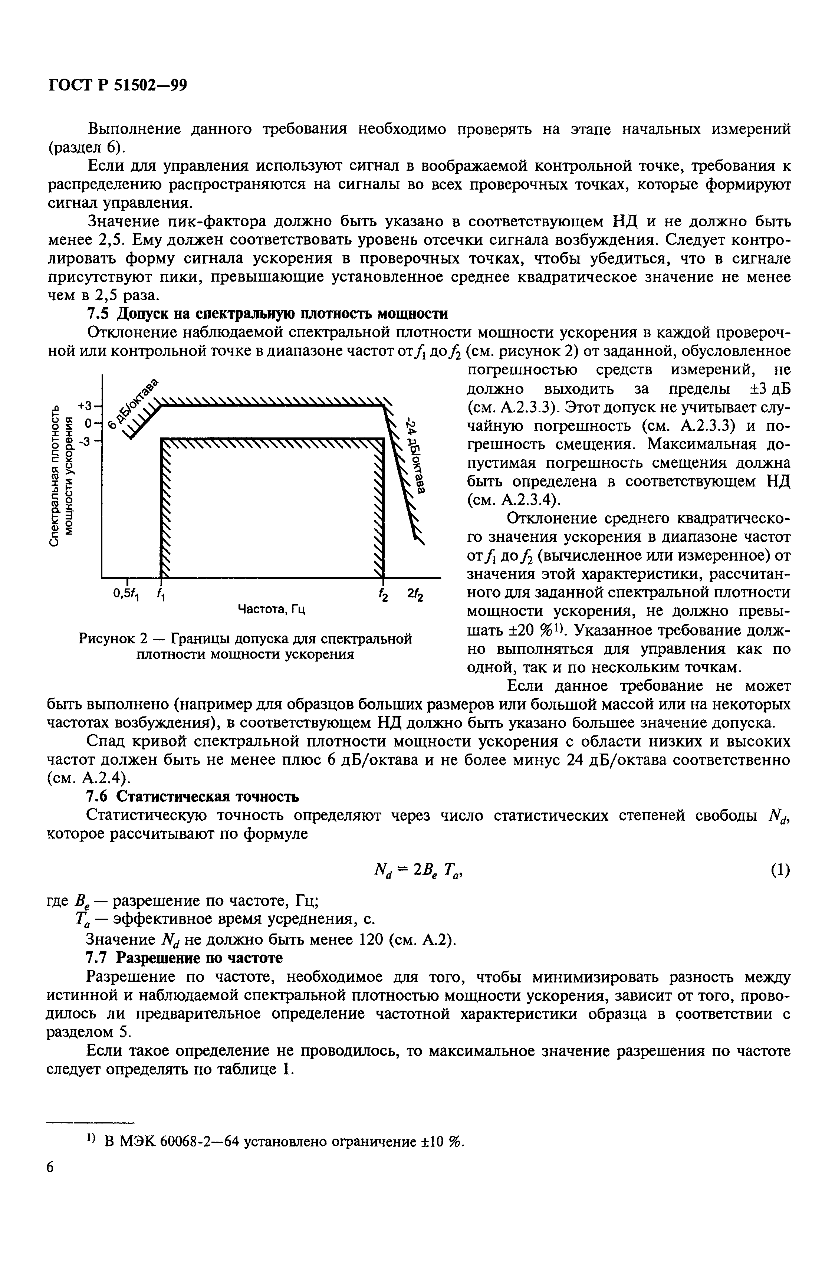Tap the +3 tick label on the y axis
85,405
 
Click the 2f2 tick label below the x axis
415,594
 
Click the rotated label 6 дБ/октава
134,403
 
